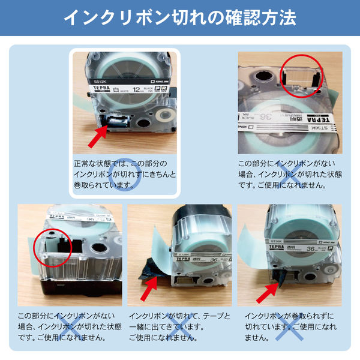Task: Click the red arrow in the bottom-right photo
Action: [x=267, y=291]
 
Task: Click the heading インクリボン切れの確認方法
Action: [x=180, y=17]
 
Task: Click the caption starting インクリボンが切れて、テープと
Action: [x=180, y=326]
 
